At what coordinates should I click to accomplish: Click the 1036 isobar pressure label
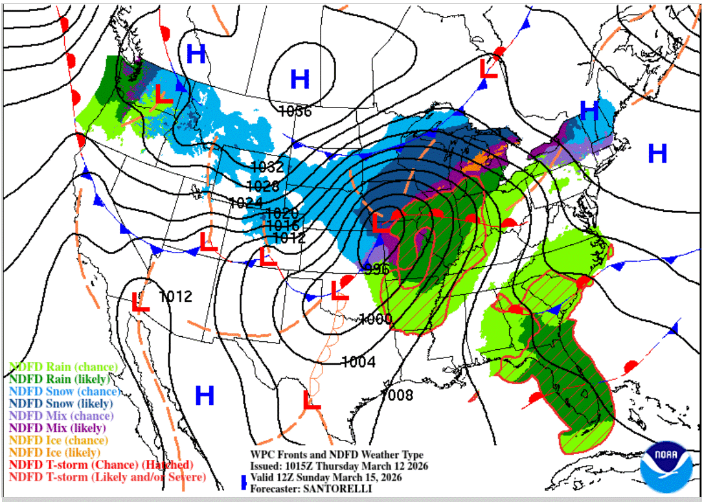point(295,111)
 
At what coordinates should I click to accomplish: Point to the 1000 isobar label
point(376,319)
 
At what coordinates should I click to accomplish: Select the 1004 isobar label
point(358,362)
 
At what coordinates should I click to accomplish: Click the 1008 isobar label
point(396,394)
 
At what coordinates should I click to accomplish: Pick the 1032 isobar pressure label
point(267,166)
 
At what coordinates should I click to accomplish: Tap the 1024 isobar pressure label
point(246,201)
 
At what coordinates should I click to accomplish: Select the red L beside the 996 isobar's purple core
point(381,223)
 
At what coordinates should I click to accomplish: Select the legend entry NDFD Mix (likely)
point(58,428)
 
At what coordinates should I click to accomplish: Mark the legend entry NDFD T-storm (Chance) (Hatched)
point(100,465)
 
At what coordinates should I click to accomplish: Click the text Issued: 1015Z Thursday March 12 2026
point(339,466)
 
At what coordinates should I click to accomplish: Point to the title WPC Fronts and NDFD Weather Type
point(337,455)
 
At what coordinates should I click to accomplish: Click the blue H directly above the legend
point(205,394)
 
